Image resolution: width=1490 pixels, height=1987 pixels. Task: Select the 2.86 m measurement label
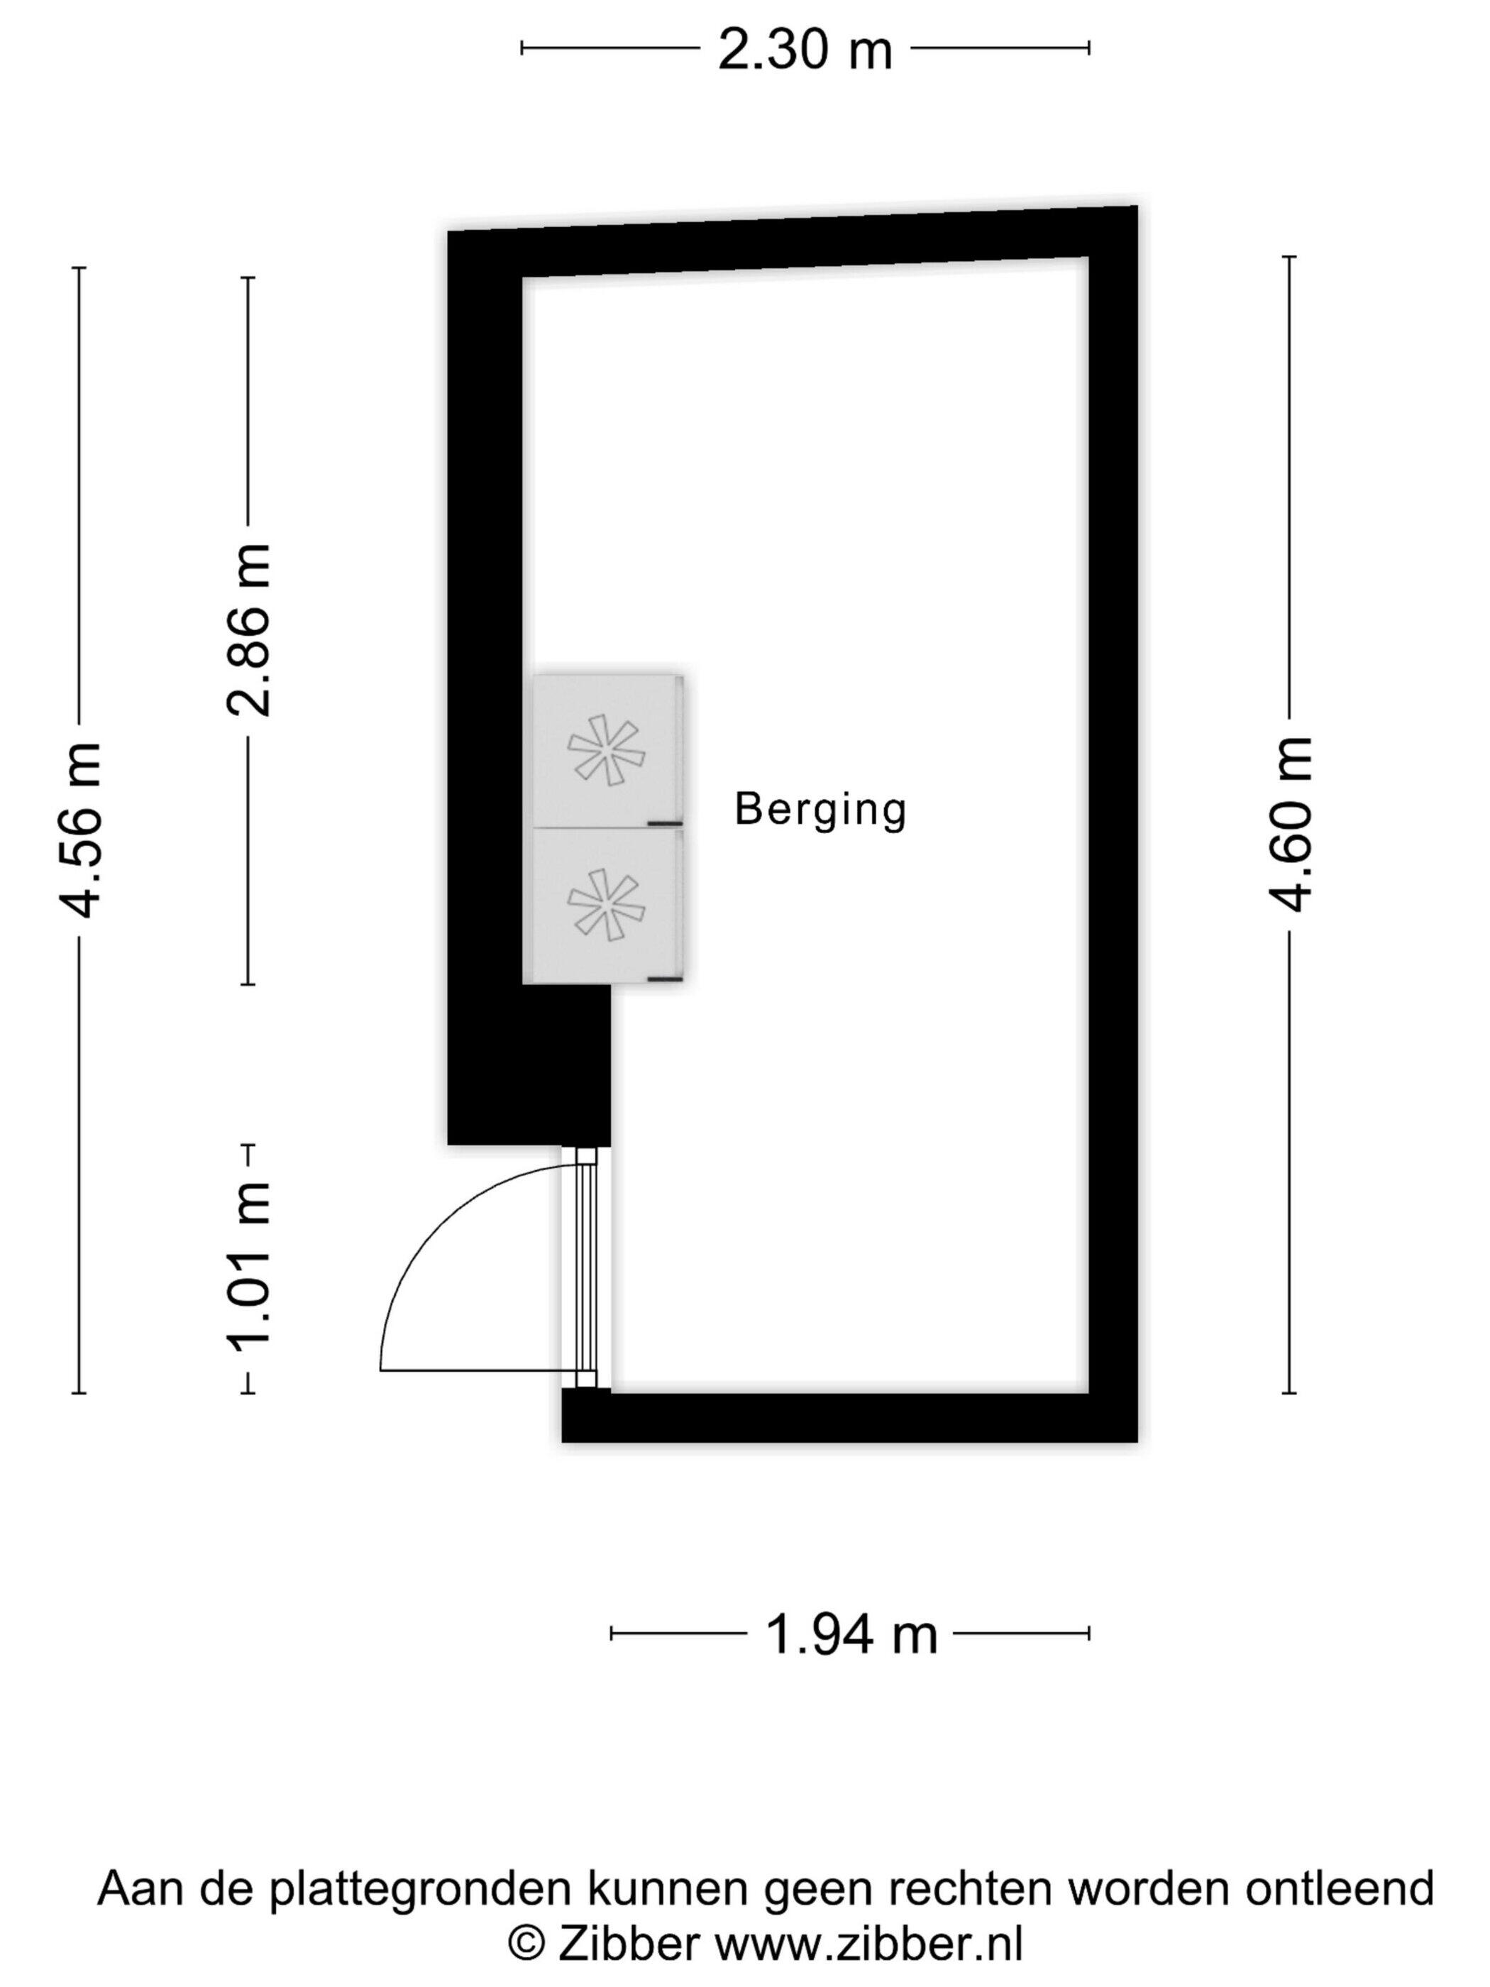[x=247, y=629]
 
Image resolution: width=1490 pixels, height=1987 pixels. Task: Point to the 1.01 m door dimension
[x=247, y=1266]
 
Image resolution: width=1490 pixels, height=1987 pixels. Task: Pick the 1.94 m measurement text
[x=851, y=1634]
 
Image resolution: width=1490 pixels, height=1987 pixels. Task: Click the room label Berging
[x=820, y=810]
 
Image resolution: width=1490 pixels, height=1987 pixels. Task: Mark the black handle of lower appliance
[x=666, y=977]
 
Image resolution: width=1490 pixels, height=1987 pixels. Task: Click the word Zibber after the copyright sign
[x=629, y=1944]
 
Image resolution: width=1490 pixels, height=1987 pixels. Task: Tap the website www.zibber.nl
[x=868, y=1944]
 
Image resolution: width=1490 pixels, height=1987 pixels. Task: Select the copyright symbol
[x=527, y=1944]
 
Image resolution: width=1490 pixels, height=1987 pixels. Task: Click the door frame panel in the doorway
[x=585, y=1267]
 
